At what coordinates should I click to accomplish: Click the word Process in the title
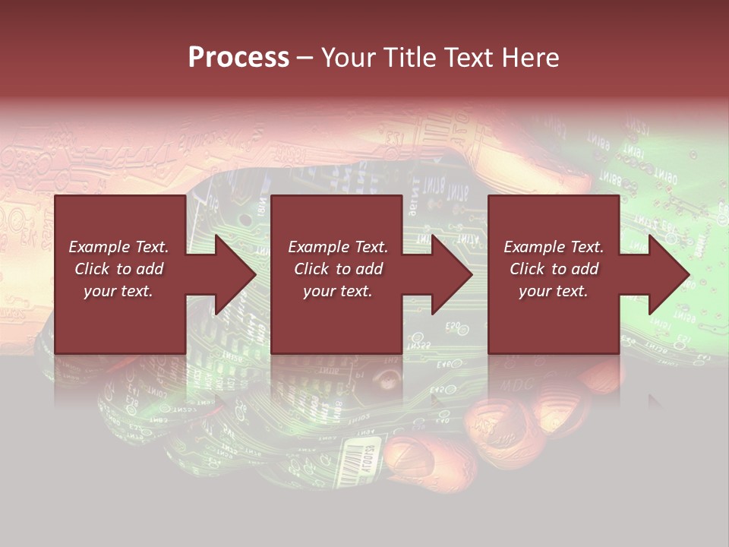[238, 58]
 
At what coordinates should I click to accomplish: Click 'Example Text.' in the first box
[118, 247]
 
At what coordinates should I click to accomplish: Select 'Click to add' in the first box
[118, 269]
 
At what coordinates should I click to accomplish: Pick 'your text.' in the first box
[118, 291]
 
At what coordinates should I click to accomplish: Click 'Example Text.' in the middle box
[337, 247]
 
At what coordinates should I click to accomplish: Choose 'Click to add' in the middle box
[337, 269]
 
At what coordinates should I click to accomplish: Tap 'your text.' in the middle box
[337, 291]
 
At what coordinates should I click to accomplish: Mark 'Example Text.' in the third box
[554, 247]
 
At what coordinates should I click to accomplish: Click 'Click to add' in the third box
[554, 269]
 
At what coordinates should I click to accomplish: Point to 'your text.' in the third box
[554, 291]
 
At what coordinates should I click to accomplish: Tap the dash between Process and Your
[305, 58]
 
